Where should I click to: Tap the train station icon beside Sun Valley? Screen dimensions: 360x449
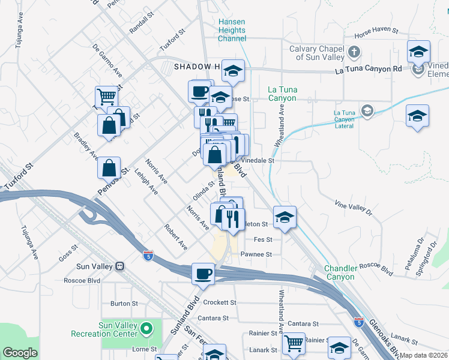coord(119,266)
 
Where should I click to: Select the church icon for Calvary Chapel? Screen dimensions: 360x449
coord(354,53)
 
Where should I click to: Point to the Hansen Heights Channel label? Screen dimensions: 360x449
coord(232,30)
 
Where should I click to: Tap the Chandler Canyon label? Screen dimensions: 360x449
coord(340,273)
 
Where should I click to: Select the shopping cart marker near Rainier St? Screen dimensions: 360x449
coord(294,343)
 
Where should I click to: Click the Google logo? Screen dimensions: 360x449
coord(20,353)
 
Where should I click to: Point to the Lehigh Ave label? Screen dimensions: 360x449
coord(150,185)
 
